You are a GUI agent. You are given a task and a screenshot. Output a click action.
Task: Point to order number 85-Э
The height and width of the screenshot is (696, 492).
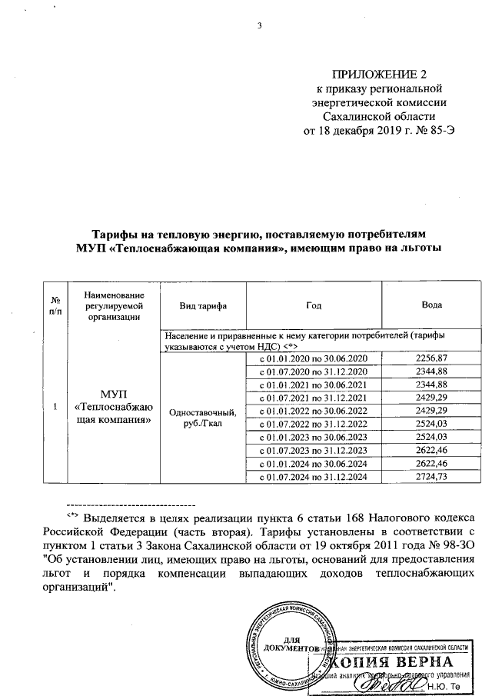pos(451,129)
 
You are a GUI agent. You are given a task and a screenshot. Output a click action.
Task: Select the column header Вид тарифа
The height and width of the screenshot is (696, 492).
pos(202,305)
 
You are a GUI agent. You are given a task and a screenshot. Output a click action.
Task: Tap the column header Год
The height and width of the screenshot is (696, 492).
pos(313,305)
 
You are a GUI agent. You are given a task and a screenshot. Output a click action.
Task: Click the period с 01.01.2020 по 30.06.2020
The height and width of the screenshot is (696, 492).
pos(314,358)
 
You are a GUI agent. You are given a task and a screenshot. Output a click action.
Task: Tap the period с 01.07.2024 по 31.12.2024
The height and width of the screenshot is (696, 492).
pos(314,476)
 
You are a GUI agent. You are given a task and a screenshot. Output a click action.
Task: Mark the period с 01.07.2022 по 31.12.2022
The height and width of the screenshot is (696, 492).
pos(314,424)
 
